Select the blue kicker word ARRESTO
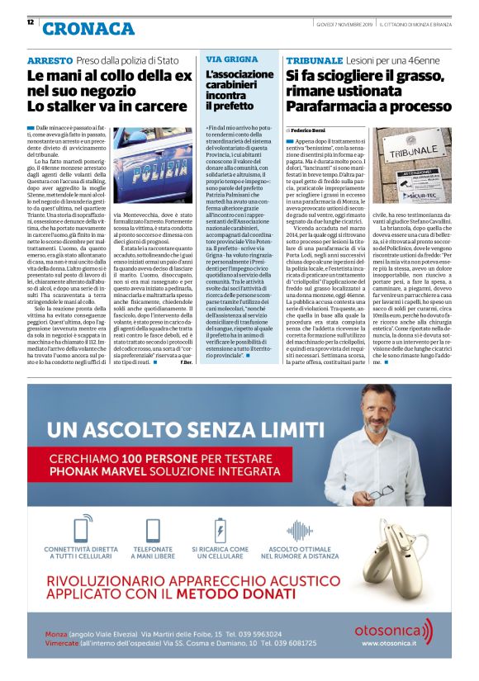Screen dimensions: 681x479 (x=49, y=62)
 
